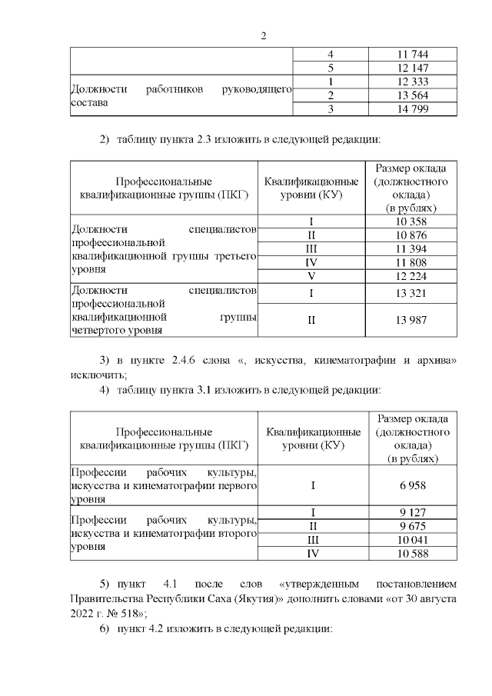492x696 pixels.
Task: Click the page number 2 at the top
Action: coord(263,36)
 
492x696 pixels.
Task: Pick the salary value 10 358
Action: coord(411,221)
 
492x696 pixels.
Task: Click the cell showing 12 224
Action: coord(411,276)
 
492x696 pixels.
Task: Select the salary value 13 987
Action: coord(411,320)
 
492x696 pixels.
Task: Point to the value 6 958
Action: coord(411,485)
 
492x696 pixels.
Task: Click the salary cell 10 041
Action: coord(411,541)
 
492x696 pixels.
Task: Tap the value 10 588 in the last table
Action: coord(411,554)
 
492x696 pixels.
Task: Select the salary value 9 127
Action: coord(411,513)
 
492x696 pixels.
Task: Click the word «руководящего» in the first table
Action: coord(257,89)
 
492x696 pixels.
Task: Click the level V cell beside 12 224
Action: coord(311,276)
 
